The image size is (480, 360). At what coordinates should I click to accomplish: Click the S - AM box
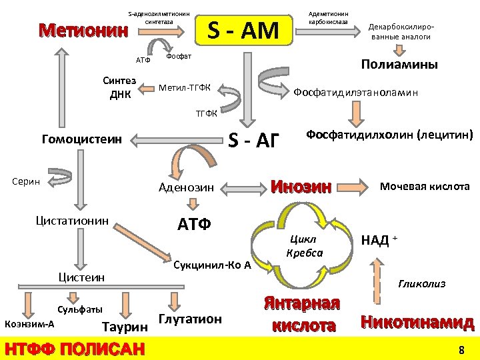coord(243,30)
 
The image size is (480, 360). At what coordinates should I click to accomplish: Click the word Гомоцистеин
coord(81,140)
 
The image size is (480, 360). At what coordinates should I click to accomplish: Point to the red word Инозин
coord(301,187)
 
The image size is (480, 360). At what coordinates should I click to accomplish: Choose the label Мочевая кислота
coord(425,187)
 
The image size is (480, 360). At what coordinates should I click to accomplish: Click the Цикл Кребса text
coord(304,246)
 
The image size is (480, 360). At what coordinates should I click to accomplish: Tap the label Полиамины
coord(399,65)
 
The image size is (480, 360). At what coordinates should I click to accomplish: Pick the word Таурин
coord(124,326)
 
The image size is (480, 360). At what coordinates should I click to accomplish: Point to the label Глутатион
coord(190,319)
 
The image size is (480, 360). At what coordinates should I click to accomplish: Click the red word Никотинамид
coord(417,322)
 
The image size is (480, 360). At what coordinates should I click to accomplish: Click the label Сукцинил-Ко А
coord(212,265)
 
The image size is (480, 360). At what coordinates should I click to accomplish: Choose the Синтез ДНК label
coord(119,87)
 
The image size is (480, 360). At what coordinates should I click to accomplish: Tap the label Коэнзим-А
coord(29,323)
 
